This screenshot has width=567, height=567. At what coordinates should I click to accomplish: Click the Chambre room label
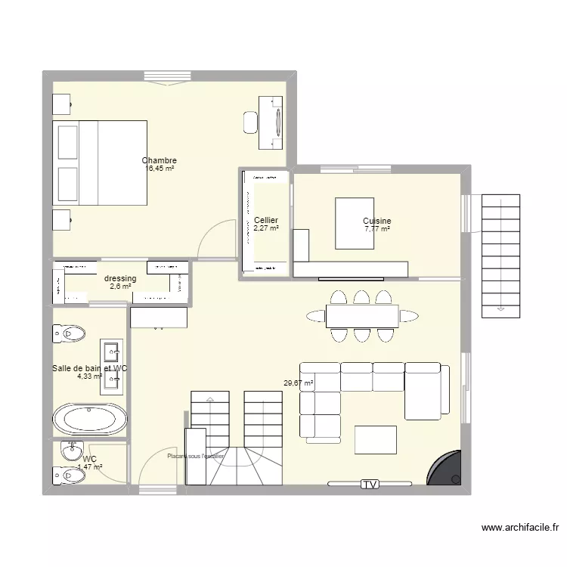[160, 160]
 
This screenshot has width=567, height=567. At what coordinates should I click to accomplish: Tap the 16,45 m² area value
[160, 169]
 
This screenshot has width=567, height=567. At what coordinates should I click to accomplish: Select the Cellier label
[266, 220]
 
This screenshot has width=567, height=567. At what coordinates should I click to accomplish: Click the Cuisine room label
[376, 222]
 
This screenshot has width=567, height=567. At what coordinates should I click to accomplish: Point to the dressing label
[120, 278]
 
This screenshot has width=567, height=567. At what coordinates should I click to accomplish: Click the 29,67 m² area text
[298, 384]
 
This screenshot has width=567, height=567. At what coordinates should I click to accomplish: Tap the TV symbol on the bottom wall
[370, 485]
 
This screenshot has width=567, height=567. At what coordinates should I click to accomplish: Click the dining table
[362, 316]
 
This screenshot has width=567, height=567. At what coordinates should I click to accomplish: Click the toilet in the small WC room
[68, 474]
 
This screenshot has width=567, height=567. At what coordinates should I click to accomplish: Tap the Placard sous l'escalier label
[195, 456]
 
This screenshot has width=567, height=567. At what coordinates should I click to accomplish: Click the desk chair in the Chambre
[250, 122]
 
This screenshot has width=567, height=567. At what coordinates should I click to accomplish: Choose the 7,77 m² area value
[376, 229]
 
